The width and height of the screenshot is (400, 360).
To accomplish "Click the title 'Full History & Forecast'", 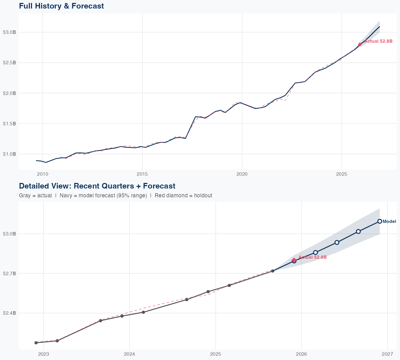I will [61, 6].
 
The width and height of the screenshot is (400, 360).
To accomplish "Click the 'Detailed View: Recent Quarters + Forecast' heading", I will [97, 186].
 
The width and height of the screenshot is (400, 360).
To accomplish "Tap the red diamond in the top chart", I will [360, 44].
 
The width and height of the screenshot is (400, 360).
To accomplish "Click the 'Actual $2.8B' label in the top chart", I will [378, 41].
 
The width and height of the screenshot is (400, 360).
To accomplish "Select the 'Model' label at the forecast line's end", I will [389, 221].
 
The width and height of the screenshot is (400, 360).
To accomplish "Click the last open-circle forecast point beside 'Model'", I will [379, 221].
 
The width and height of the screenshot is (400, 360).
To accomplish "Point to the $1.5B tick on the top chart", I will [9, 123].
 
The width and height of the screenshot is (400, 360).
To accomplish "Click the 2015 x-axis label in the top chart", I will [142, 174].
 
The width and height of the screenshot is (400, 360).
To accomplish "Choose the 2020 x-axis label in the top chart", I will [242, 174].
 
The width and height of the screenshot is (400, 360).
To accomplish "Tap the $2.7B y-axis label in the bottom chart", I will [9, 273].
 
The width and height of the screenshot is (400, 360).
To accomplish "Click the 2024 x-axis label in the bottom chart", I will [129, 354].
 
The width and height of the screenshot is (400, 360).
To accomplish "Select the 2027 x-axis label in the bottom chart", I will [387, 354].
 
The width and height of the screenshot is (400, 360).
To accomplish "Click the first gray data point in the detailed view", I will [36, 343].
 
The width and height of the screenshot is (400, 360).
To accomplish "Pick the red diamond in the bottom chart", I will [294, 260].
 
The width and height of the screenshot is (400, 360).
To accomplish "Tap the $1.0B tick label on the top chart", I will [9, 154].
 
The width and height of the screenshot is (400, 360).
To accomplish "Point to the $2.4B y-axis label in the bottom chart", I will [9, 313].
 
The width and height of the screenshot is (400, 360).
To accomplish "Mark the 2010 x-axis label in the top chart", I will [43, 174].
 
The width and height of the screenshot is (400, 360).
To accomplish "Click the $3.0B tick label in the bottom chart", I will [9, 234].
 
